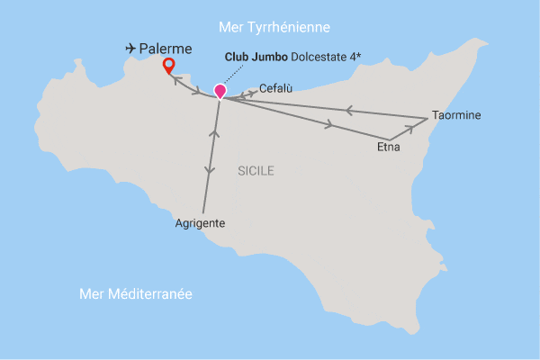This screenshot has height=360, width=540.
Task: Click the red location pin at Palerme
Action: pyautogui.click(x=167, y=65)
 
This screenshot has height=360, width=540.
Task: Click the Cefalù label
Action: pyautogui.click(x=276, y=88)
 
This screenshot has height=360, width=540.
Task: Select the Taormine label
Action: pyautogui.click(x=456, y=116)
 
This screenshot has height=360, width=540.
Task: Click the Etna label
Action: pyautogui.click(x=389, y=147)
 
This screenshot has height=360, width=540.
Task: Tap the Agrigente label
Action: pyautogui.click(x=200, y=223)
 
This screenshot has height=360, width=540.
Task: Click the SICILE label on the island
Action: pyautogui.click(x=256, y=170)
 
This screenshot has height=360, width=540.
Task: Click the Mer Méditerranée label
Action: pyautogui.click(x=136, y=294)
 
